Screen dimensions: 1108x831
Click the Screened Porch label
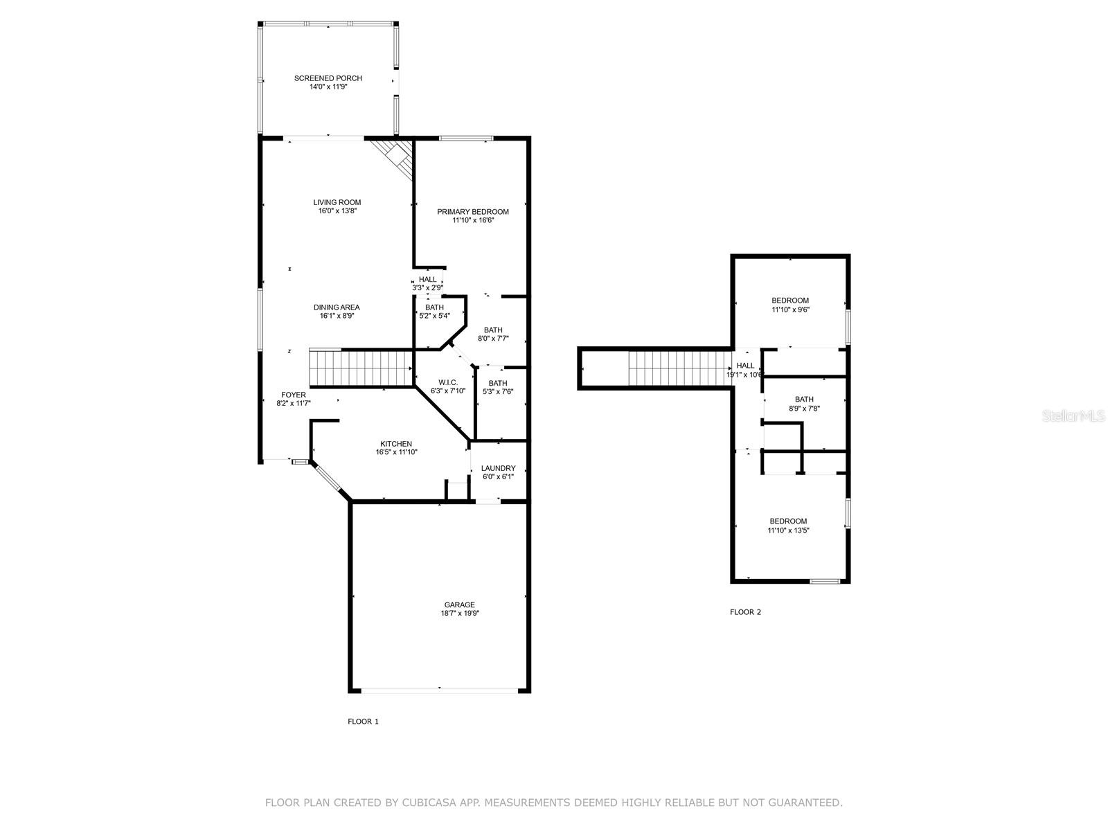pos(328,78)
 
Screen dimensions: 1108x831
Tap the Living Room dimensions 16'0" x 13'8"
pos(337,211)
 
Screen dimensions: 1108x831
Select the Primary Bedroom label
pos(473,212)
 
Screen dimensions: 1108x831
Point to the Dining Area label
pos(337,307)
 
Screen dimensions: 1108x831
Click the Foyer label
pos(294,395)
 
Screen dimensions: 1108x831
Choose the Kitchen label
pos(396,444)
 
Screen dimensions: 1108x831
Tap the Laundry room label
pos(498,468)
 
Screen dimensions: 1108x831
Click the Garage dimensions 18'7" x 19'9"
pos(460,614)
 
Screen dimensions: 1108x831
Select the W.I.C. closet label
pos(448,382)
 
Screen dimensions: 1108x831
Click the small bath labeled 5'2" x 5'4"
pos(435,312)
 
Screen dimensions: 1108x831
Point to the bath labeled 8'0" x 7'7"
pos(493,334)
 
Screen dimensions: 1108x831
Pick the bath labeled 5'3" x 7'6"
pos(498,388)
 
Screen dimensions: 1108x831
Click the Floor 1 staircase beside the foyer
pos(361,368)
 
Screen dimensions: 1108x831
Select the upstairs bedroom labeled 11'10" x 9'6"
pos(791,305)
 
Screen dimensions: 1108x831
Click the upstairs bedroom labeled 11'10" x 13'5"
pos(789,526)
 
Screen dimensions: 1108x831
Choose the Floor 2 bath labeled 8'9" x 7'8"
pos(804,404)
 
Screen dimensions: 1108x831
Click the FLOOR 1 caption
pos(363,722)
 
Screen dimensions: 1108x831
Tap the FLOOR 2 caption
pos(745,612)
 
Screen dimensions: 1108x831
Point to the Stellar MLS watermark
pos(1073,416)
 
